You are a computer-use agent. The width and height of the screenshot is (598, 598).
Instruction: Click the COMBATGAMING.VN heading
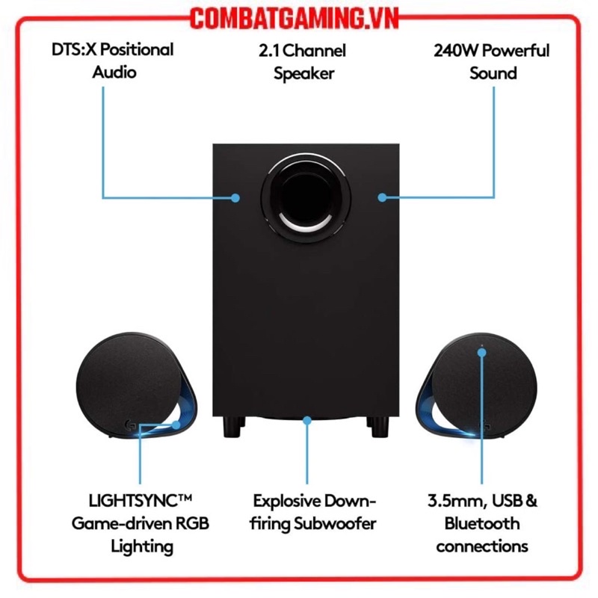(299, 16)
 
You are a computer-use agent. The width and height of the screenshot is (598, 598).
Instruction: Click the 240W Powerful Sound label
(491, 62)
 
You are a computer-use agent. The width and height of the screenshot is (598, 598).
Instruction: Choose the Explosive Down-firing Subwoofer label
(314, 512)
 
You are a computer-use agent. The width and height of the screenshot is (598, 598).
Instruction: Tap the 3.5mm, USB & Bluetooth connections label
(482, 523)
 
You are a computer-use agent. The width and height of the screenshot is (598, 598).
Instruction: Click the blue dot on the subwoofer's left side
(235, 198)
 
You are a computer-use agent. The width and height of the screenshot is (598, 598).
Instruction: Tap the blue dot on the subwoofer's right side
(382, 197)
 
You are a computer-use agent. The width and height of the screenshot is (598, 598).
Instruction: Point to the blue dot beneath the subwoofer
(306, 421)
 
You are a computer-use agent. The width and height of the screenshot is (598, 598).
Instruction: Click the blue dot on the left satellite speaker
(177, 424)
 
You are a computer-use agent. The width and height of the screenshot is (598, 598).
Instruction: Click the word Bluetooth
(482, 523)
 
